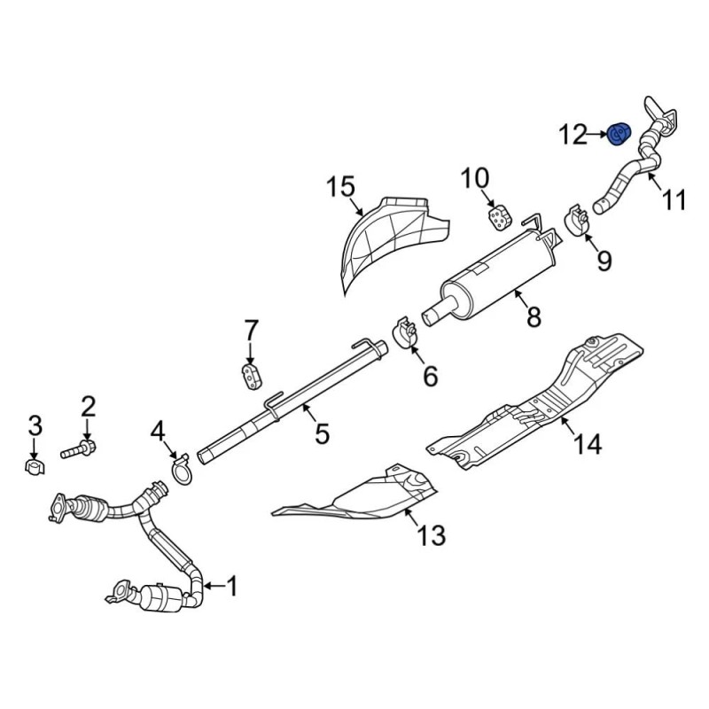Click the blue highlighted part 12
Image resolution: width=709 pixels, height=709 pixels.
(x=619, y=134)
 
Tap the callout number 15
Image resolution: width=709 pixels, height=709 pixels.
(x=341, y=187)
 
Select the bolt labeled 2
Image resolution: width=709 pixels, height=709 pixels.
(x=78, y=450)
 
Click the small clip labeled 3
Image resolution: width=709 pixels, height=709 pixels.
(x=35, y=467)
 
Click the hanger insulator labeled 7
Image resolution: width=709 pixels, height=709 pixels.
(x=252, y=375)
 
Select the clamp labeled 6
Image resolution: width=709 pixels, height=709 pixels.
(x=404, y=334)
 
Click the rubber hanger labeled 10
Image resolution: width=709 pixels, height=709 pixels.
(x=498, y=217)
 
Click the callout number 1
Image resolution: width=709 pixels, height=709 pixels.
(x=231, y=587)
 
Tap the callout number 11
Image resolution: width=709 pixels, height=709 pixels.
(x=674, y=199)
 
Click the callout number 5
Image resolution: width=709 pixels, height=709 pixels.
(x=322, y=432)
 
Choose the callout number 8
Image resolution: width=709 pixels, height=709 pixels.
(x=534, y=316)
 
